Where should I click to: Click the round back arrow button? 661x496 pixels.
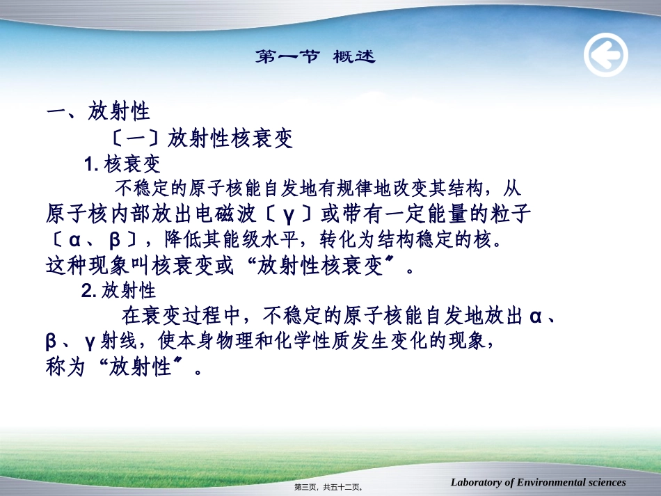tap(605, 56)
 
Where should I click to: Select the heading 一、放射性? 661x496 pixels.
tap(98, 111)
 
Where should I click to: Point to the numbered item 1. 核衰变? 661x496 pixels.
tap(122, 164)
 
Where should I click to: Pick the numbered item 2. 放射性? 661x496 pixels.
tap(119, 291)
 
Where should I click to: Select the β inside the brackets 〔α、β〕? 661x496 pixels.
tap(116, 240)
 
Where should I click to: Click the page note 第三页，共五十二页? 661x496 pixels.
tap(330, 488)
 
